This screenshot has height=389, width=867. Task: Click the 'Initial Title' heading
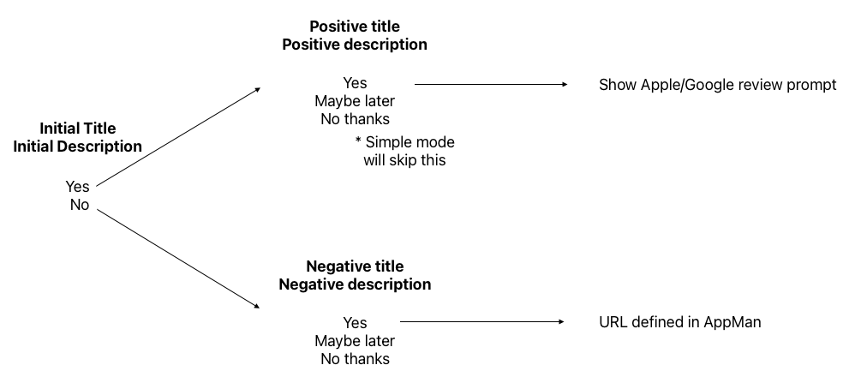(77, 129)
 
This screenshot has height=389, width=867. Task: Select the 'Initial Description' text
(77, 147)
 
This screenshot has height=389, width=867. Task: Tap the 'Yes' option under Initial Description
(77, 187)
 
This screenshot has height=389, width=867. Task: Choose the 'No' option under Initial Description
(79, 205)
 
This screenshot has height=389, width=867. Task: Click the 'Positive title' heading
(355, 27)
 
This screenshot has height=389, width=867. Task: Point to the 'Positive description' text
(355, 45)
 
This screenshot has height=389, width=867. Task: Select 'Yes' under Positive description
(355, 83)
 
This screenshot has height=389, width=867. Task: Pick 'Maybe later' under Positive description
(355, 101)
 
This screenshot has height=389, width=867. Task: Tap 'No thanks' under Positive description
(355, 119)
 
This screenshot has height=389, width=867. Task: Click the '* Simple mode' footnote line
(404, 141)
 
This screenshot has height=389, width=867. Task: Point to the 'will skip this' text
(404, 159)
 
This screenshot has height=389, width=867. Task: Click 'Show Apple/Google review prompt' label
(717, 85)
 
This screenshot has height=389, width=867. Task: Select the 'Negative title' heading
(355, 266)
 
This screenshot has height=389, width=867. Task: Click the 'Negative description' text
(355, 284)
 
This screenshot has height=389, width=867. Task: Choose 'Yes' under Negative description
(355, 323)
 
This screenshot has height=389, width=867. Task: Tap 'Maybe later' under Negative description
(355, 341)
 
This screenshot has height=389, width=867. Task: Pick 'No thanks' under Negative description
(355, 359)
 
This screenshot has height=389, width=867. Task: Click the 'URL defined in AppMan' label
(680, 322)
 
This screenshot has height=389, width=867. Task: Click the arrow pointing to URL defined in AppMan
(482, 322)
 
